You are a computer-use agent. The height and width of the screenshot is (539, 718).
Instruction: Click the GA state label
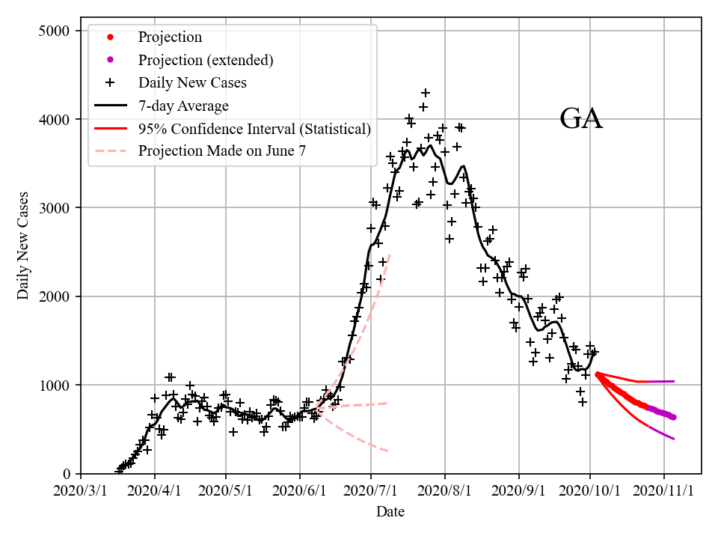click(x=581, y=119)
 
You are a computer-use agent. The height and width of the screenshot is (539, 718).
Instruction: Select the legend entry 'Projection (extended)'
click(x=206, y=60)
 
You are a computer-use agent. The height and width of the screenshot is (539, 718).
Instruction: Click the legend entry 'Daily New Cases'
click(x=192, y=82)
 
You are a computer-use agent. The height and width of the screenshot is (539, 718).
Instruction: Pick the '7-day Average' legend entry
click(x=183, y=106)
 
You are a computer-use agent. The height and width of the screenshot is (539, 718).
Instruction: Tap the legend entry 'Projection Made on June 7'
click(x=222, y=151)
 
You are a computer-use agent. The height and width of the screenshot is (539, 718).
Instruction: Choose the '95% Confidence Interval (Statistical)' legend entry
click(x=254, y=129)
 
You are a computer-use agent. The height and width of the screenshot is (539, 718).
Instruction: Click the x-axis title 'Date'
click(x=390, y=512)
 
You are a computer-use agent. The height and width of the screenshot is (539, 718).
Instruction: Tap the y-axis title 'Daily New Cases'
click(x=24, y=246)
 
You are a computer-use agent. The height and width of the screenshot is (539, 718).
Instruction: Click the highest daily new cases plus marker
click(x=426, y=93)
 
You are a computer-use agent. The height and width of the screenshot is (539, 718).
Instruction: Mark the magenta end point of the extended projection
click(x=673, y=417)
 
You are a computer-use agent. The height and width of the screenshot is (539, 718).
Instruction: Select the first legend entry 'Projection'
click(x=170, y=37)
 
